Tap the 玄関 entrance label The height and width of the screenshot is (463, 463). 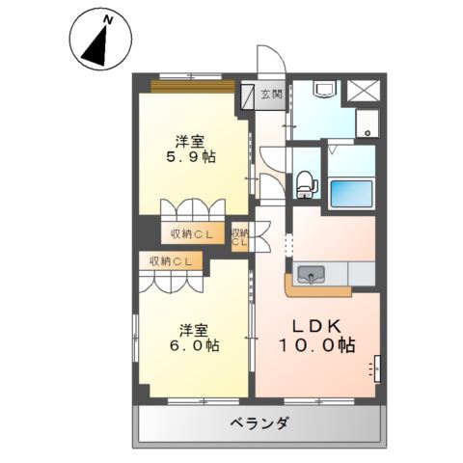tap(271, 95)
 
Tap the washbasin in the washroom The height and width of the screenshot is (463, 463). tap(325, 92)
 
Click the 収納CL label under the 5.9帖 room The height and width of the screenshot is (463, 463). tap(193, 233)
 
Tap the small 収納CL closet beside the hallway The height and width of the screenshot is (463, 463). tap(241, 236)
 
